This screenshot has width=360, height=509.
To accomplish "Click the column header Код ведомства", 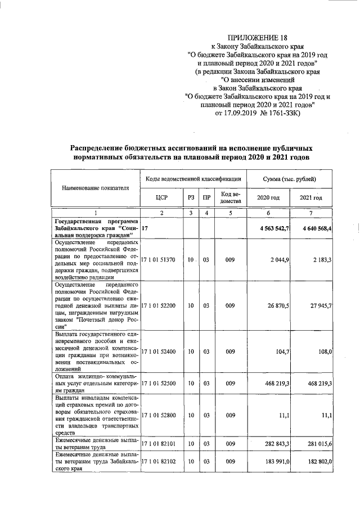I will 230,197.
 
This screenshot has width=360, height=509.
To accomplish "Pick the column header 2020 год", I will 268,198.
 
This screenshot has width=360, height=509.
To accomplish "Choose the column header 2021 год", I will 312,198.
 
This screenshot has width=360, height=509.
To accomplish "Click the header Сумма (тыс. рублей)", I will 289,178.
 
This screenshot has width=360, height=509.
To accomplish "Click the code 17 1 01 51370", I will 161,259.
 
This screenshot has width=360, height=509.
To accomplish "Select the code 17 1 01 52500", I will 161,383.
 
